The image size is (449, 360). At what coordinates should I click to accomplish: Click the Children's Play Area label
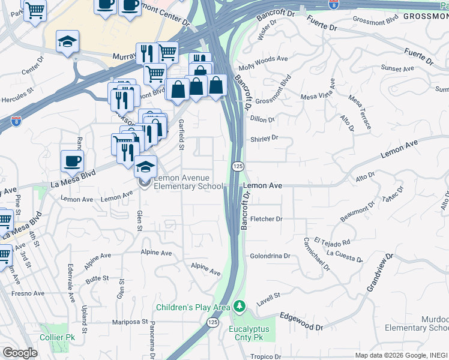[193, 307]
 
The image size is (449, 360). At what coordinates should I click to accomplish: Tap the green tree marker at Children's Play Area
[240, 307]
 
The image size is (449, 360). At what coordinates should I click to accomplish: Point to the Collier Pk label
[56, 338]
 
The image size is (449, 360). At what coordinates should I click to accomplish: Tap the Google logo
[20, 352]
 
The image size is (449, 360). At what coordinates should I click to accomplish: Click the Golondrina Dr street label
[270, 256]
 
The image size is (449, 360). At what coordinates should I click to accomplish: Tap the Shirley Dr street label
[265, 138]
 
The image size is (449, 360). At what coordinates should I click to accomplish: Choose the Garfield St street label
[181, 134]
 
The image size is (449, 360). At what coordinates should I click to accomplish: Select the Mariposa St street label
[130, 322]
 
